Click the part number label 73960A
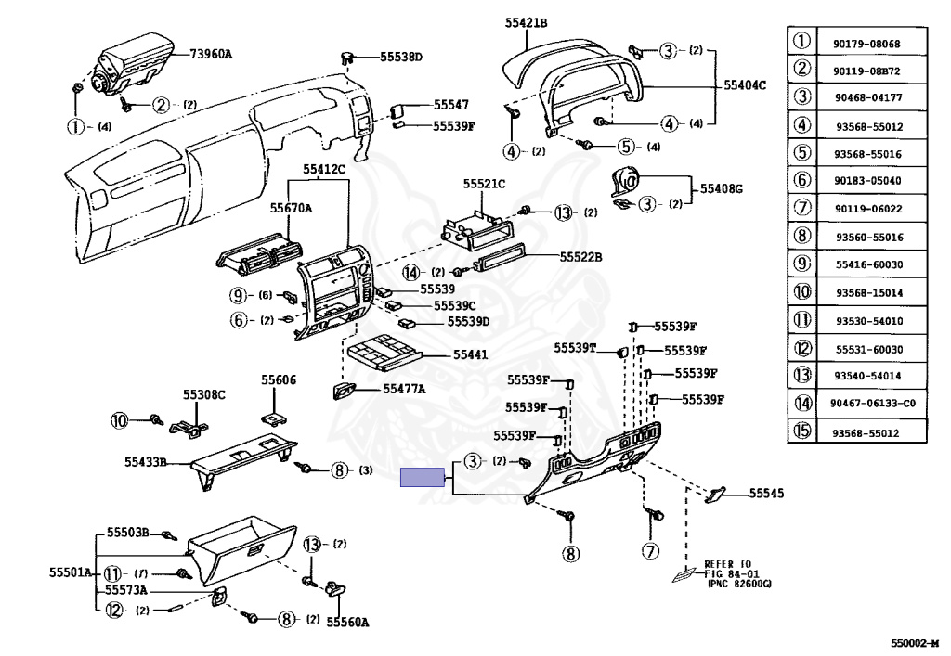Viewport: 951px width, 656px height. pos(211,54)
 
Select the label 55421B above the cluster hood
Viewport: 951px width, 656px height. pos(526,23)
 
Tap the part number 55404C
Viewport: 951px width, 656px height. pos(745,84)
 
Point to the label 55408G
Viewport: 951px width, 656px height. pos(721,188)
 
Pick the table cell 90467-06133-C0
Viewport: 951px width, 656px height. pos(873,403)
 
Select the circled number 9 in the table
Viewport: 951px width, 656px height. pos(801,264)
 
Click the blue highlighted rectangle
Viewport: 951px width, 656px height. pos(423,477)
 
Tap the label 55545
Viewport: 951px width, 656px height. pos(766,493)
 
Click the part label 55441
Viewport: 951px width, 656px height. pos(470,354)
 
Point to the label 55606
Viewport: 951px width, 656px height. pos(279,379)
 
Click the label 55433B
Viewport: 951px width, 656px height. pos(146,462)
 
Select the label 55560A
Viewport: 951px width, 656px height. pos(347,622)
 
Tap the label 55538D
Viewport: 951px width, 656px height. pos(401,57)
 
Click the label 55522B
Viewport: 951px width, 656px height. pos(580,257)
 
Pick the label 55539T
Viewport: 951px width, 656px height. pos(575,348)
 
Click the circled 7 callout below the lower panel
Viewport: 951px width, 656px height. pos(650,551)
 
